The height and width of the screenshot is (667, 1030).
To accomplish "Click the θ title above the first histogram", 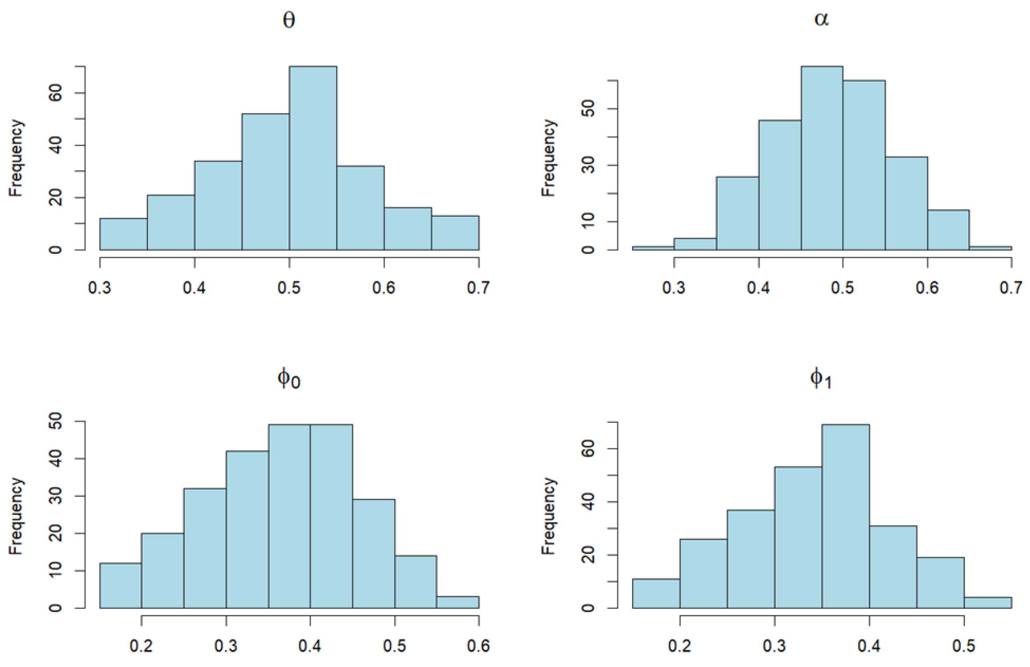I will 289,20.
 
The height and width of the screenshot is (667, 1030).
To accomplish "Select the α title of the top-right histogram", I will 821,19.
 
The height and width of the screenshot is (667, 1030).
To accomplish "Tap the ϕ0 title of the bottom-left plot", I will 289,379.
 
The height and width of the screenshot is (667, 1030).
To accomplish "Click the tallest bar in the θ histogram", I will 313,158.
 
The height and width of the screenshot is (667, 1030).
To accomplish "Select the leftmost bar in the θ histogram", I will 123,234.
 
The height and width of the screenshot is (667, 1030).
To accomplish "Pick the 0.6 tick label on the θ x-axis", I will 383,288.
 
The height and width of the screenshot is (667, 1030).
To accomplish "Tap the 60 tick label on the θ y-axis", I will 56,93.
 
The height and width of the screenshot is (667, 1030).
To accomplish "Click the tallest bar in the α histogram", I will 822,158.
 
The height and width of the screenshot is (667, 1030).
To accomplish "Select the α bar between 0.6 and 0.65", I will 948,230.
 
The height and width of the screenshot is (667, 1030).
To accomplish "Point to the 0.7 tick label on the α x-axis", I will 1011,288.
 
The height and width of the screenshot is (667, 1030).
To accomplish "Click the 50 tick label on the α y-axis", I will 588,108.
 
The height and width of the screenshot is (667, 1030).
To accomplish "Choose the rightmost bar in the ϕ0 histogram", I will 458,602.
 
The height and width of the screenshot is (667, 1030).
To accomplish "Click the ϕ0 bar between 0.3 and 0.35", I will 247,529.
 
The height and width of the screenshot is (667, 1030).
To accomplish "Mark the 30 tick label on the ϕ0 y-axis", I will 56,496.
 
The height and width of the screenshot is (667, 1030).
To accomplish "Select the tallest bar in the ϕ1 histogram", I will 846,516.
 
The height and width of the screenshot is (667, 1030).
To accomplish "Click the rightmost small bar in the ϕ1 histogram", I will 988,602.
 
